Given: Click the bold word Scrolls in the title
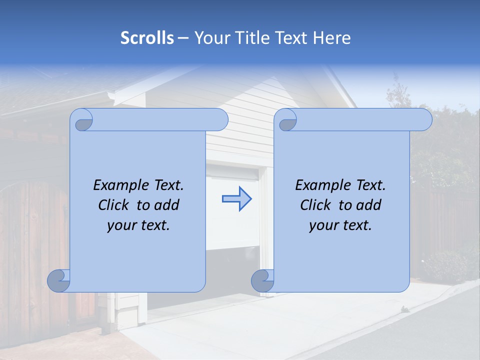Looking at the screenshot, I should (x=147, y=38).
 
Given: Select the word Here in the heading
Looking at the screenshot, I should (x=332, y=38).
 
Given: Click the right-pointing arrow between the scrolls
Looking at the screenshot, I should (x=236, y=199).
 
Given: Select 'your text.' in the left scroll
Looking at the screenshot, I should (x=138, y=225).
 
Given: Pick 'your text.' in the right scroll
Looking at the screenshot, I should (x=340, y=225).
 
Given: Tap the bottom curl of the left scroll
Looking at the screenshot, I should (x=59, y=280).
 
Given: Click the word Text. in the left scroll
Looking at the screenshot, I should (x=164, y=185).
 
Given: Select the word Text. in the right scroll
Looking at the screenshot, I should (x=366, y=185).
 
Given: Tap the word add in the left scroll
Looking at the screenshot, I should (x=167, y=205).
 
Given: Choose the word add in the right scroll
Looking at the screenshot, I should (x=369, y=205).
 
